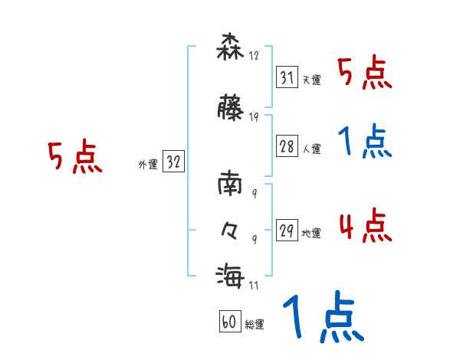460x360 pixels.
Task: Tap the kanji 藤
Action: coord(231,109)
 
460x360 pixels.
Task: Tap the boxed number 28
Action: coord(287,147)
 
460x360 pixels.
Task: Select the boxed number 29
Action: coord(287,231)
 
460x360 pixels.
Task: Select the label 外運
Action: coord(147,164)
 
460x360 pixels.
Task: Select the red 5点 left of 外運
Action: coord(74,157)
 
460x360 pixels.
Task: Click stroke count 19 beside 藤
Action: coord(255,117)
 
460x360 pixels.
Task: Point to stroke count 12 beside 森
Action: coord(255,55)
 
